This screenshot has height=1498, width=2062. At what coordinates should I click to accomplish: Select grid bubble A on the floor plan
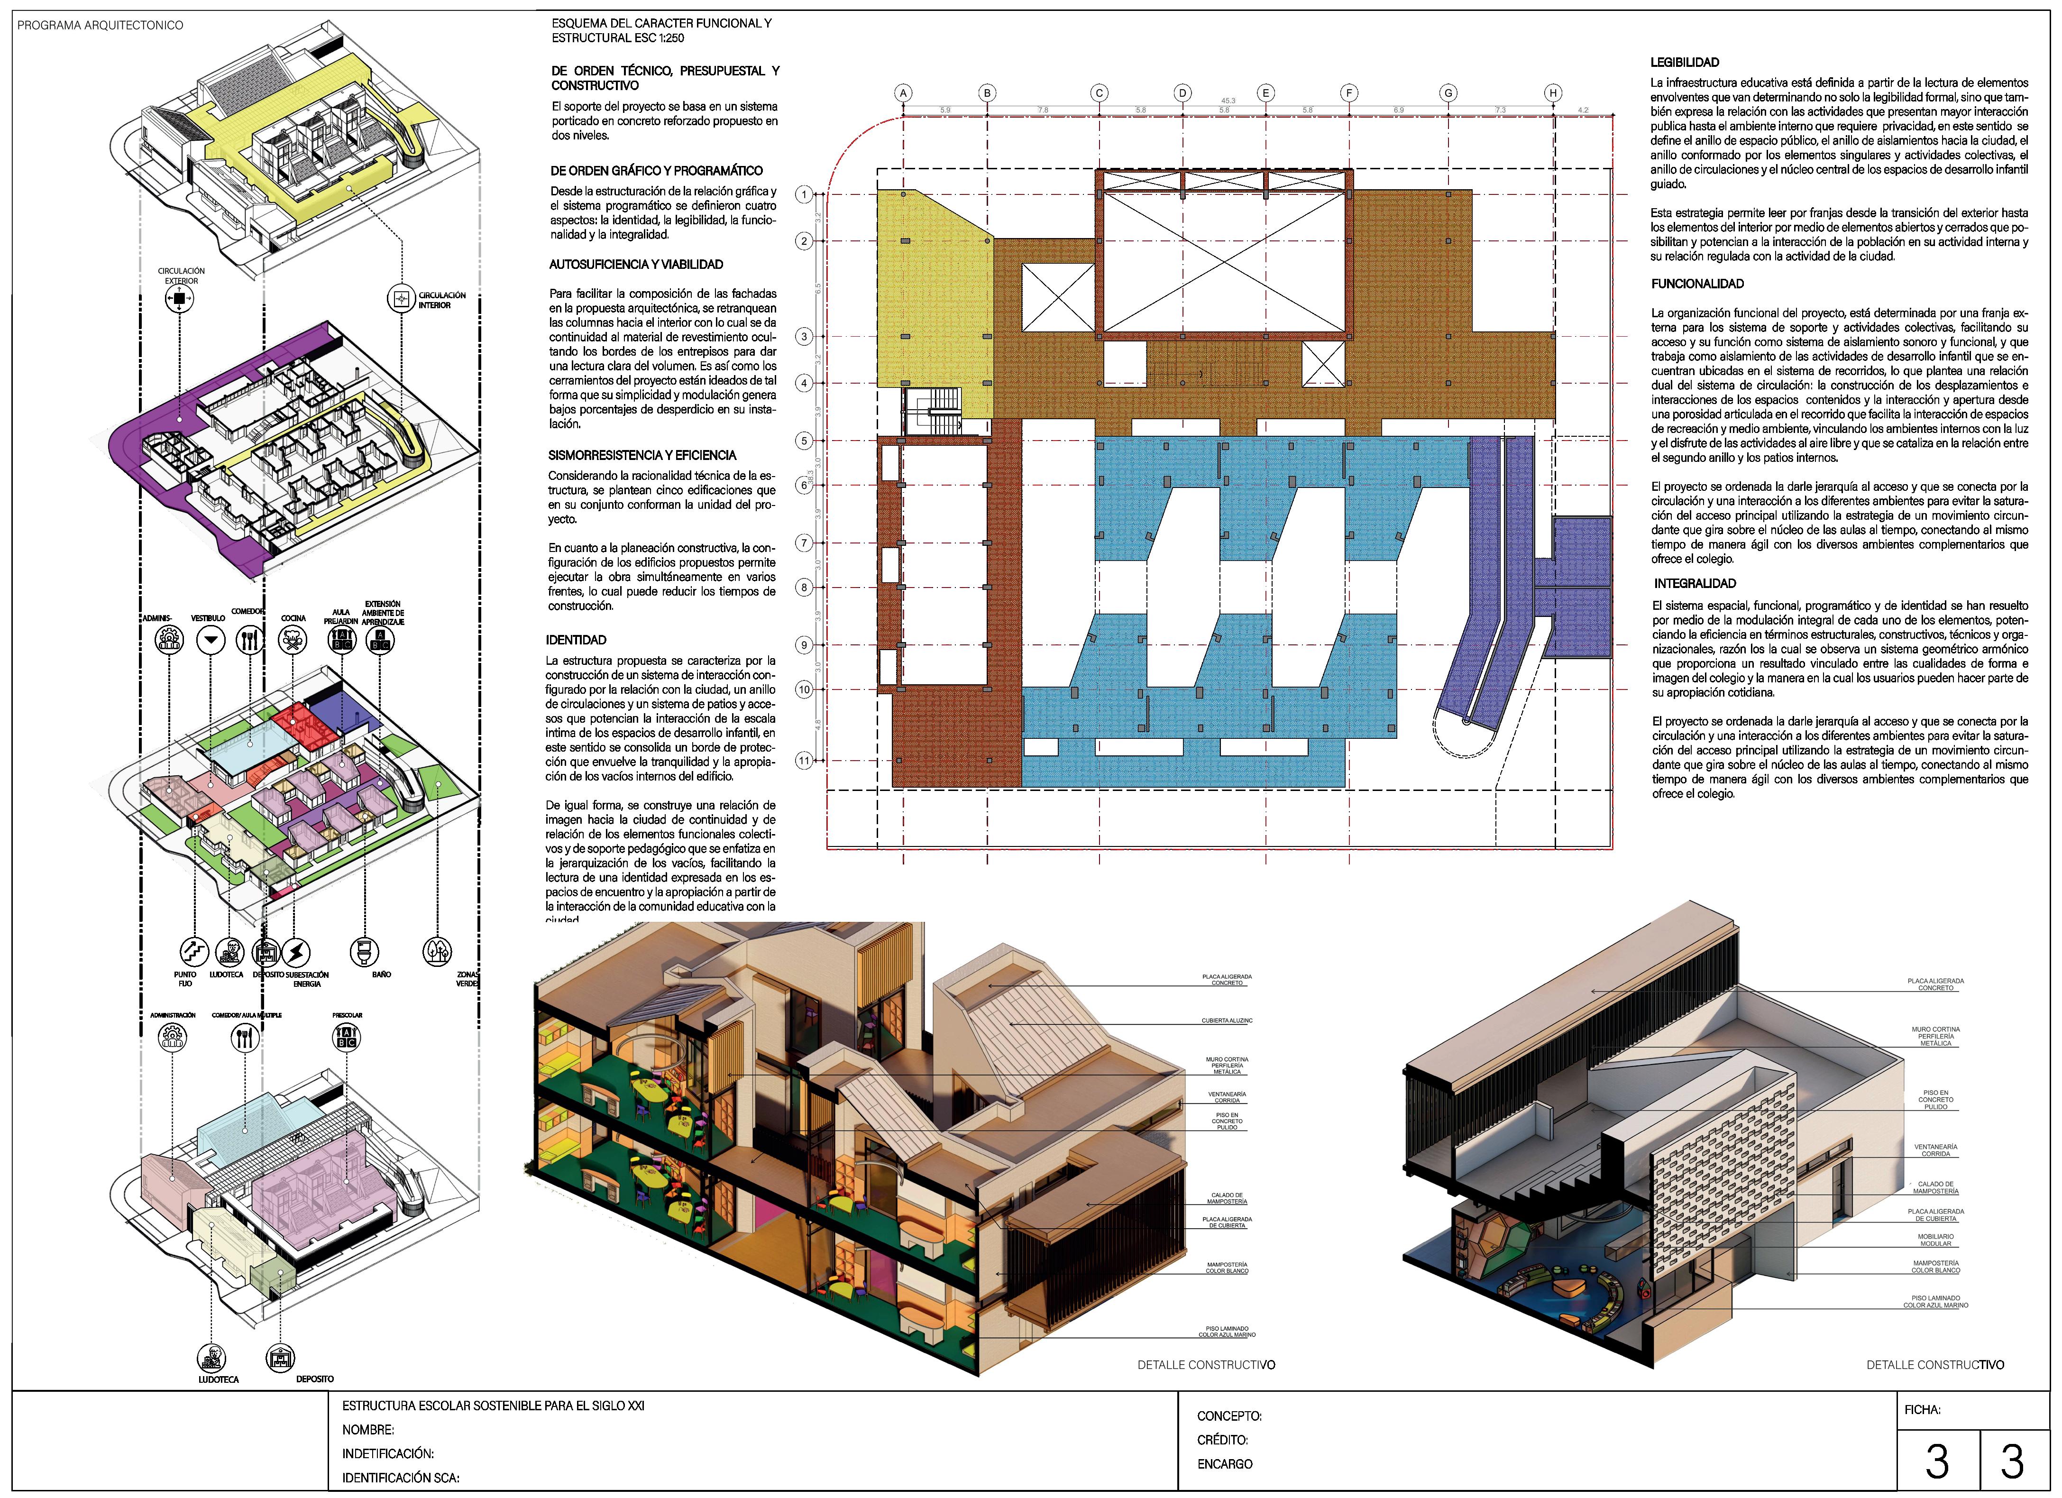click(903, 93)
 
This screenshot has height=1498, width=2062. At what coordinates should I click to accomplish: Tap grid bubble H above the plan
click(1553, 93)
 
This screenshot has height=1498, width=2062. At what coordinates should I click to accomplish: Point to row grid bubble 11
click(804, 760)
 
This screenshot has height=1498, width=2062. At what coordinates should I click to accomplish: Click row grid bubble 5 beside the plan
click(804, 441)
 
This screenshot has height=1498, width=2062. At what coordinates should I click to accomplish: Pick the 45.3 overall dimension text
click(1228, 101)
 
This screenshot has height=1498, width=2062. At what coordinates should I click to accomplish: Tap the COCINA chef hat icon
click(293, 640)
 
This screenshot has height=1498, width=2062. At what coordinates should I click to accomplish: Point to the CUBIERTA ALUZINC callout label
click(1227, 1020)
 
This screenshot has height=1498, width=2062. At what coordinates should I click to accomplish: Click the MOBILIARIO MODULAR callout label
click(1935, 1240)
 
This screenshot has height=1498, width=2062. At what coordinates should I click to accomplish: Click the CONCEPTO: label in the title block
click(1229, 1416)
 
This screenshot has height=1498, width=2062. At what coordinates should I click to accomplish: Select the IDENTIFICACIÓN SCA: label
click(400, 1478)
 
